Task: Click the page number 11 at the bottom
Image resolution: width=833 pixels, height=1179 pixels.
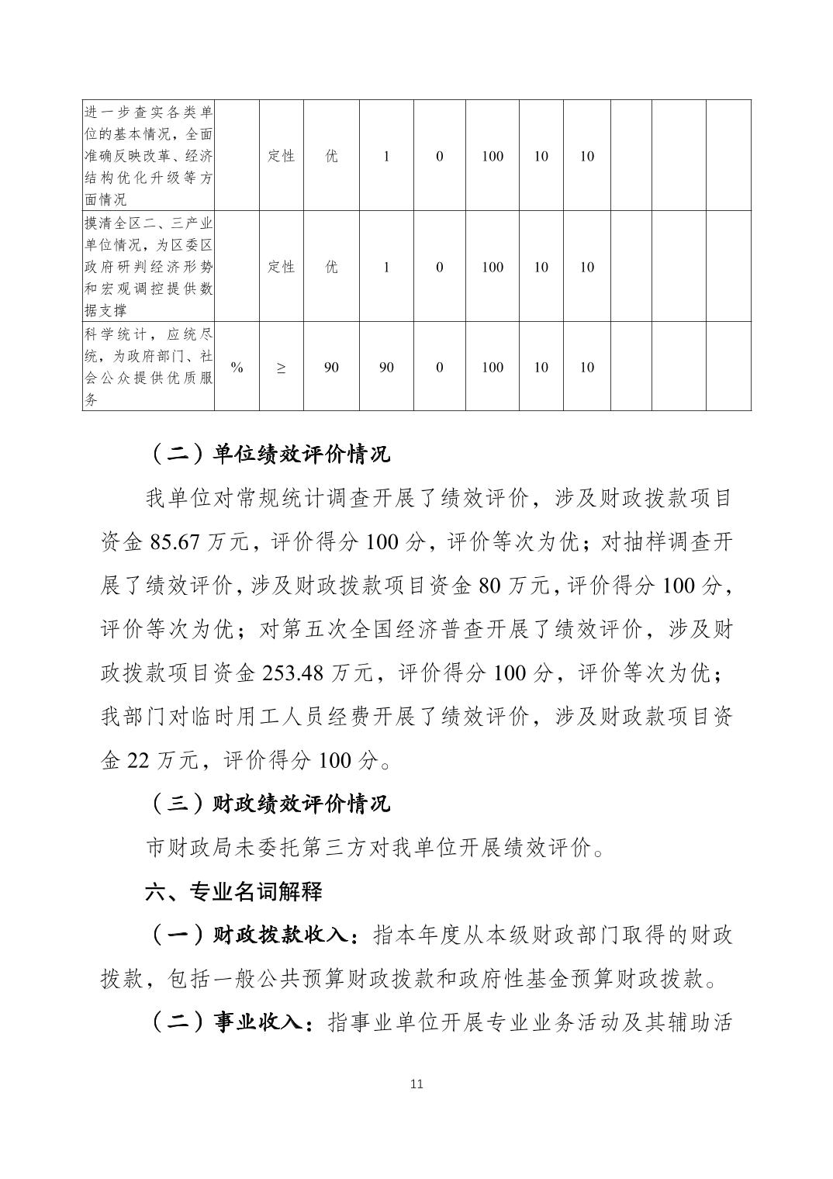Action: click(x=416, y=1084)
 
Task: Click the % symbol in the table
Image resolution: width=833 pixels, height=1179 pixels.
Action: click(x=237, y=367)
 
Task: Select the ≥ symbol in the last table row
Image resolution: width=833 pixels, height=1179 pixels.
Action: click(x=281, y=367)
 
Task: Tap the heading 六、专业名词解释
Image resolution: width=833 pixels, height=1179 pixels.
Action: click(x=233, y=891)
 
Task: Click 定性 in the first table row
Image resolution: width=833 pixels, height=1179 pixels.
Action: click(x=281, y=156)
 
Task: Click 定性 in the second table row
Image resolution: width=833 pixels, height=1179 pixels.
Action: click(x=281, y=267)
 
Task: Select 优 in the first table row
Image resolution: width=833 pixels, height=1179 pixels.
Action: click(x=331, y=156)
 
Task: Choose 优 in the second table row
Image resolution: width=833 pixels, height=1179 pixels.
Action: click(x=331, y=267)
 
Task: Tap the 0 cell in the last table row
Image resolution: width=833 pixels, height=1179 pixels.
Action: click(x=440, y=367)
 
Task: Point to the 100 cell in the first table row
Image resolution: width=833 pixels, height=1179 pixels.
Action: click(x=493, y=156)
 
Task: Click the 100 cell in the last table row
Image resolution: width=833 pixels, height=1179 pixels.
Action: click(x=493, y=367)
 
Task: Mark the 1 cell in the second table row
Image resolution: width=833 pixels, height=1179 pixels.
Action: click(x=386, y=267)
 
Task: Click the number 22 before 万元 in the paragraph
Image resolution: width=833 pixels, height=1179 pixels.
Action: click(x=137, y=760)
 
